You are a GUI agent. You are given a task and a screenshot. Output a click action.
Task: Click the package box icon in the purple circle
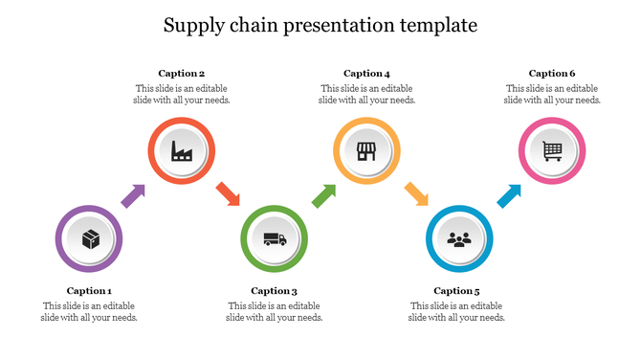90,238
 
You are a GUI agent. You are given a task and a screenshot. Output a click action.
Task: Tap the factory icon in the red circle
182,150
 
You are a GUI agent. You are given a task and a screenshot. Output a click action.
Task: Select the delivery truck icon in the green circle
275,239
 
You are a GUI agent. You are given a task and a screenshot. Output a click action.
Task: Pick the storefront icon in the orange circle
366,150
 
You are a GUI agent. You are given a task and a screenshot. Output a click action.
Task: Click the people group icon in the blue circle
459,239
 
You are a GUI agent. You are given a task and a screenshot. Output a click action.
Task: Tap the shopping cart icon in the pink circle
552,150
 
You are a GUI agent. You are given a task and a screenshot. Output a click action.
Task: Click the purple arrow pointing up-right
132,196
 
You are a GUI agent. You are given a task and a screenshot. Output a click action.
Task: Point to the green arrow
324,196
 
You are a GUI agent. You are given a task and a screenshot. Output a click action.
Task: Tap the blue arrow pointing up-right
509,196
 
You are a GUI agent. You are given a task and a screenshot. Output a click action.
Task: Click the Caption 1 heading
89,290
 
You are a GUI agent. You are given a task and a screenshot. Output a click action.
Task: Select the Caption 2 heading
182,73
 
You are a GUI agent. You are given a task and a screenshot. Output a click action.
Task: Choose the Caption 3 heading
275,290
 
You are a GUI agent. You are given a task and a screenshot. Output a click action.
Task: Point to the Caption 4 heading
366,73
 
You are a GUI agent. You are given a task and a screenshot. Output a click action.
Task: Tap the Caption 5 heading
456,290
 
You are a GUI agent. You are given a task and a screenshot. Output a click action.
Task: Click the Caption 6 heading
552,73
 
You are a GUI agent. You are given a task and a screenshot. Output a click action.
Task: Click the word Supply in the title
192,26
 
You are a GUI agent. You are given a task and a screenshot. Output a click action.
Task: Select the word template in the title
436,26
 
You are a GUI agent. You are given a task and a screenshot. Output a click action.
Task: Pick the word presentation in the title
333,26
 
